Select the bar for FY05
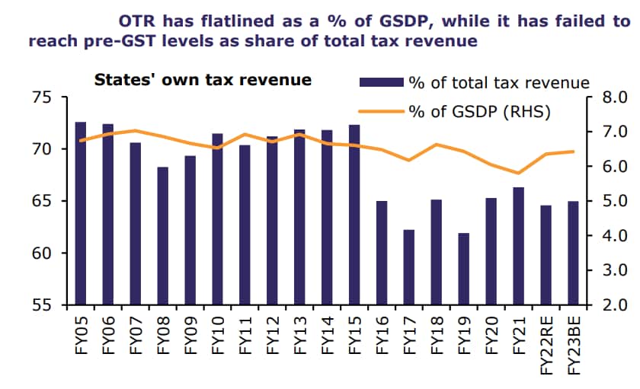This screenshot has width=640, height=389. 80,213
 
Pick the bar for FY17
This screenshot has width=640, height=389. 409,267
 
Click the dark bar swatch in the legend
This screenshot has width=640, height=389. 381,81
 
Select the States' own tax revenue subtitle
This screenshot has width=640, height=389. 202,79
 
